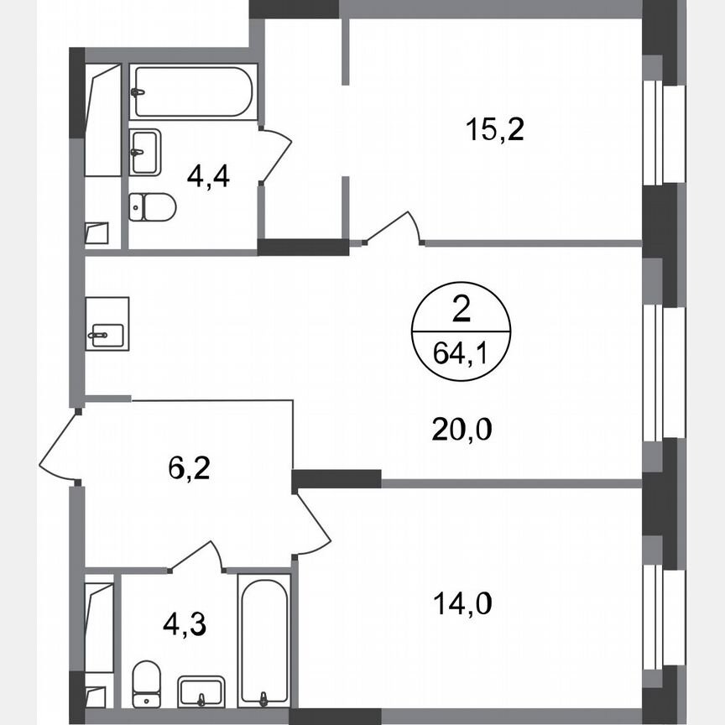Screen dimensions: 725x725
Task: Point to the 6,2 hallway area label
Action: (x=189, y=466)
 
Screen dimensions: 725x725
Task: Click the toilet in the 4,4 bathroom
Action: (x=151, y=206)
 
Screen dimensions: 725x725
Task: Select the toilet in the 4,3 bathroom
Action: (x=147, y=682)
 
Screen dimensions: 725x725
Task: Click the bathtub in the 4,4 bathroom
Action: (x=191, y=91)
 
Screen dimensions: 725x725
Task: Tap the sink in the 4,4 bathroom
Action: (x=144, y=151)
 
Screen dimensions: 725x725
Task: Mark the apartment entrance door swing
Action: (x=59, y=449)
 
